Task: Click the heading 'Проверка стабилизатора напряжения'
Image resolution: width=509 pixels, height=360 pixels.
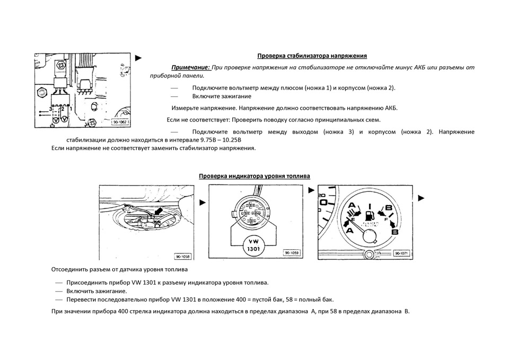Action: [312, 56]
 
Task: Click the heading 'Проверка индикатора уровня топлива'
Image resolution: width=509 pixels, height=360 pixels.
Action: [254, 176]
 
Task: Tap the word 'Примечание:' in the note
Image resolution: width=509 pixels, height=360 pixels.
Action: [190, 67]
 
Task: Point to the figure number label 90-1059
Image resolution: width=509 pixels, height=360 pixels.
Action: [291, 253]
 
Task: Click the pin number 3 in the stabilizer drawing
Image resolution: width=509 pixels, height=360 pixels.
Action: [50, 109]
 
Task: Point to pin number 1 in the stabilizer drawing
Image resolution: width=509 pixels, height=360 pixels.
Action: [71, 109]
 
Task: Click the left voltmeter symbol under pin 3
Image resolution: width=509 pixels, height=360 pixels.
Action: [55, 120]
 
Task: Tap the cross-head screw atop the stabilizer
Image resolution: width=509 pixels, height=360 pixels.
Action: [62, 65]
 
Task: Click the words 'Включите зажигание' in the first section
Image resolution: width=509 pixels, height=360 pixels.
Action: [222, 96]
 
